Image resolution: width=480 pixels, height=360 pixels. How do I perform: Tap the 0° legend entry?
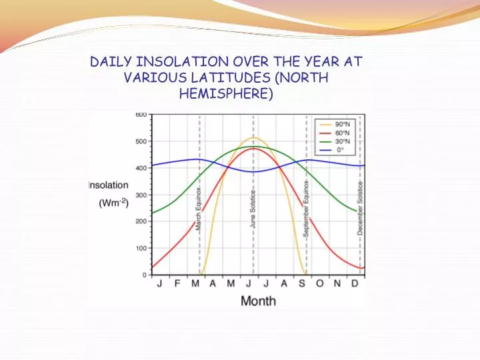341,150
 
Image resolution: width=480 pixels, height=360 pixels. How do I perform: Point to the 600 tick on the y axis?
141,115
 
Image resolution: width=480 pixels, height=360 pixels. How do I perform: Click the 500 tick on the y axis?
141,141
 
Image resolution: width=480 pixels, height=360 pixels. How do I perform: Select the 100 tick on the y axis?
141,248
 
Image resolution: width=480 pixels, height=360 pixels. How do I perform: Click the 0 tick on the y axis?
145,275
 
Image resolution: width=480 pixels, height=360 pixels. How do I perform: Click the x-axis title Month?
258,301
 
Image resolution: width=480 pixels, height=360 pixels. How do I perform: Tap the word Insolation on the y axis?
109,185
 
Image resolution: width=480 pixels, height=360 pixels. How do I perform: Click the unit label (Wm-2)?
113,203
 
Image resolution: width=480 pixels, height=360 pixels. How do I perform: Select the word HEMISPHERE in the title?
226,93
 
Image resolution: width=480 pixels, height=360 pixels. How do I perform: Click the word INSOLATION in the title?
174,61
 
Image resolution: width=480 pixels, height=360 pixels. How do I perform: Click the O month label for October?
319,284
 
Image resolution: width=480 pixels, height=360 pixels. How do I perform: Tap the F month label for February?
177,284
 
